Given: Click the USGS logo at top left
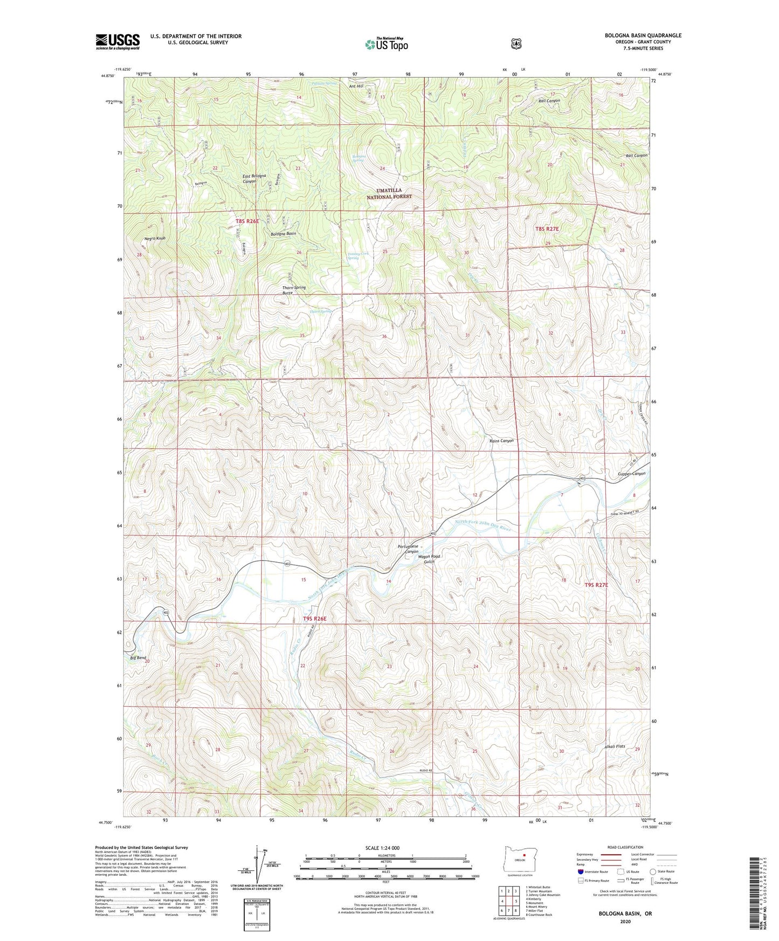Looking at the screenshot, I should pyautogui.click(x=118, y=41).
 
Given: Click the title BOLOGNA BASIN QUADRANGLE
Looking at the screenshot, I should pyautogui.click(x=643, y=36).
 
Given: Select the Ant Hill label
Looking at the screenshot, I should pyautogui.click(x=356, y=86).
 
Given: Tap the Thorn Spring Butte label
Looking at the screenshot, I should pyautogui.click(x=294, y=290).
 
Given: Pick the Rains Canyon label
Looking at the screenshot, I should pyautogui.click(x=501, y=441).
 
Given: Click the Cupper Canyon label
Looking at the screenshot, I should pyautogui.click(x=631, y=474).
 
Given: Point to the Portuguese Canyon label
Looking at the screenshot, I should pyautogui.click(x=408, y=549).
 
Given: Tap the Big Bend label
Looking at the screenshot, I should pyautogui.click(x=138, y=658).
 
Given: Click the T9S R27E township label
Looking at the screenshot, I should pyautogui.click(x=596, y=585).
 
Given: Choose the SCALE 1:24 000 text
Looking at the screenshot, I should pyautogui.click(x=382, y=848).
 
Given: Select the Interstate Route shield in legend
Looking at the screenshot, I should pyautogui.click(x=580, y=871).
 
